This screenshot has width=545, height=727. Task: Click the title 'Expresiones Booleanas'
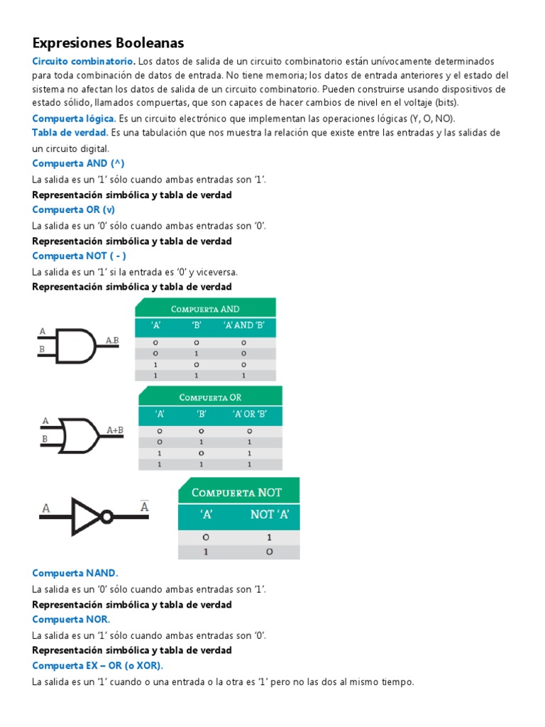108,43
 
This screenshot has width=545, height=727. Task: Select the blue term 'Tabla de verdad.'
70,133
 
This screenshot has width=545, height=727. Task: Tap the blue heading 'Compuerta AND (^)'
78,163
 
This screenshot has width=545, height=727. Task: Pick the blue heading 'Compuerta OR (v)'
73,209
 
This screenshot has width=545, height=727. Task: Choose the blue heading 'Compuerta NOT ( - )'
79,256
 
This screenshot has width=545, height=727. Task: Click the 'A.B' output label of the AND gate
112,341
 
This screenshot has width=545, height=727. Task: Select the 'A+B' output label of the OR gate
115,430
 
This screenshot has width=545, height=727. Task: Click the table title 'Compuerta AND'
204,309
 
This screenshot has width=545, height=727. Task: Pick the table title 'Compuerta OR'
210,397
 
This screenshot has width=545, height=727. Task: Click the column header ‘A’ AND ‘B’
243,326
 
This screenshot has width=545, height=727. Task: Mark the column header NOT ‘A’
270,515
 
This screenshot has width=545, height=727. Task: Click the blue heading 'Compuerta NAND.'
75,573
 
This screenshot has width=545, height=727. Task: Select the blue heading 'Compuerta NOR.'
71,619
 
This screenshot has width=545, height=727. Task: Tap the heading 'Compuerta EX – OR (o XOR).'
97,665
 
